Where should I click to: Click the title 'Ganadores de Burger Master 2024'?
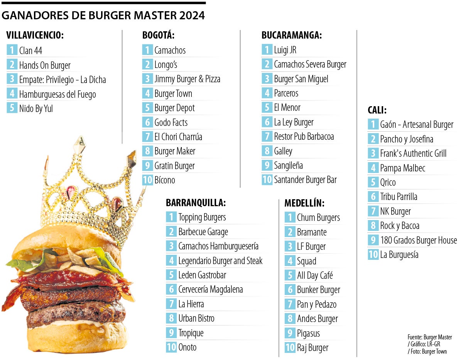103,15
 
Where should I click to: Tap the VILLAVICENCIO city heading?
35,36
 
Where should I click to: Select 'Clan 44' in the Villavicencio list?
30,50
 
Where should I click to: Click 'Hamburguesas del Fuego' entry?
57,94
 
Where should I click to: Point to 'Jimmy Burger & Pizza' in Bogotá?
187,79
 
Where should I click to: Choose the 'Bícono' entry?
165,180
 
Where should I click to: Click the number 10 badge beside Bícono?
147,180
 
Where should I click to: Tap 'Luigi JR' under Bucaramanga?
285,50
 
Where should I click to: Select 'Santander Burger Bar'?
305,180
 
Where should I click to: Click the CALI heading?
377,110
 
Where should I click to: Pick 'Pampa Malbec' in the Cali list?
402,168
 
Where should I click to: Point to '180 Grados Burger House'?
418,240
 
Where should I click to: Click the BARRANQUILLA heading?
196,203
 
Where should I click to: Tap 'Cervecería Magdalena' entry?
210,289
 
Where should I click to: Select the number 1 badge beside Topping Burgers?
171,217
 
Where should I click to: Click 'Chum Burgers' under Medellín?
318,217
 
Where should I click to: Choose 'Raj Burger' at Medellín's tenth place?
313,347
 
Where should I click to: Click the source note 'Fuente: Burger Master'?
429,337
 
